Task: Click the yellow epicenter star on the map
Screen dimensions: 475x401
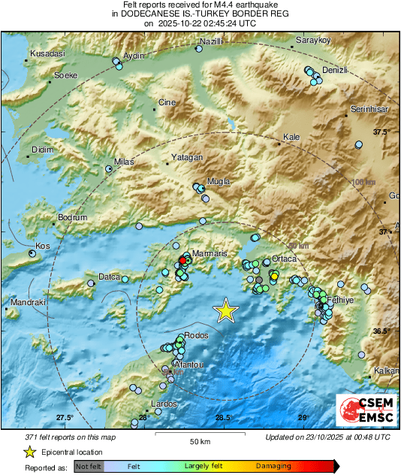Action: point(225,310)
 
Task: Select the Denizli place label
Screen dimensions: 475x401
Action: point(335,70)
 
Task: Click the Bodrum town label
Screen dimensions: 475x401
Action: point(73,219)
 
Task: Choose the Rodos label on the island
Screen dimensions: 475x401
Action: point(196,335)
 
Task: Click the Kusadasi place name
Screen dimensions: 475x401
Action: point(47,54)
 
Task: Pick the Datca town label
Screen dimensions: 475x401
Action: point(110,277)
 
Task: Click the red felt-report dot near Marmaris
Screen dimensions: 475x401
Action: point(182,260)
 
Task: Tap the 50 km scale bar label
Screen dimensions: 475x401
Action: point(199,441)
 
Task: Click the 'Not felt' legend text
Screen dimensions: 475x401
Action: point(89,467)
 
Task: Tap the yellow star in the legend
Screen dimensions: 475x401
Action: point(29,452)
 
